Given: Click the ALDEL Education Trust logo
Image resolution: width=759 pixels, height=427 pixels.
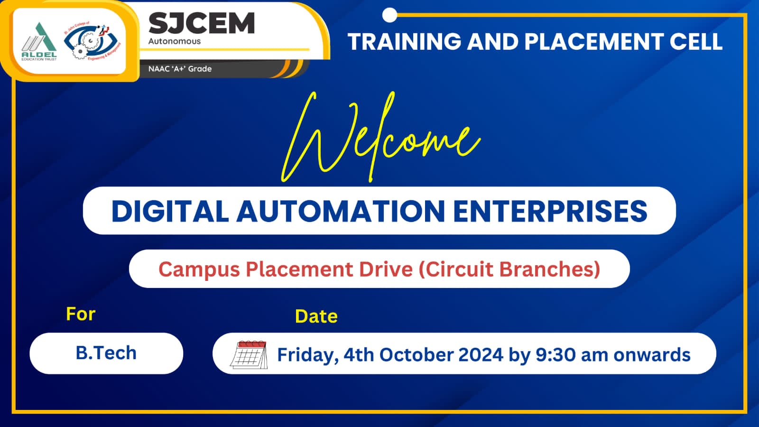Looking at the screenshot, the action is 39,41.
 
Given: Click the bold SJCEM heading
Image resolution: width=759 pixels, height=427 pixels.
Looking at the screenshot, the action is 202,23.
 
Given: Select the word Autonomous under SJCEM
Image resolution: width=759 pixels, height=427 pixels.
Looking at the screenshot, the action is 175,41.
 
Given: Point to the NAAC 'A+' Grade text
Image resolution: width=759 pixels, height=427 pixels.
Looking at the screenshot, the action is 180,69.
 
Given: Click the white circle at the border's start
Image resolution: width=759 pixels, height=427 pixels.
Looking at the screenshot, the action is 389,15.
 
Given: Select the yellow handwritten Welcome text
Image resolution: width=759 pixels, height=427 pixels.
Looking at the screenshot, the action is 381,137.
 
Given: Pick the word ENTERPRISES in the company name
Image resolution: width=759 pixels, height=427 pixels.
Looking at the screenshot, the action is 550,211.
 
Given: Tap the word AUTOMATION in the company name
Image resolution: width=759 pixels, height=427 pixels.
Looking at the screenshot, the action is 341,211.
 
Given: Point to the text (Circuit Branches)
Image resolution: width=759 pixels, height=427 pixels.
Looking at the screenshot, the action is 509,269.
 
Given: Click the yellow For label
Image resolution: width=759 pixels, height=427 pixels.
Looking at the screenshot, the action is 81,314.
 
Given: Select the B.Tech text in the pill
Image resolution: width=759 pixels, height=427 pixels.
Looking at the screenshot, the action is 106,353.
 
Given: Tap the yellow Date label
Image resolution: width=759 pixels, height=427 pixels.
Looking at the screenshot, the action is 316,316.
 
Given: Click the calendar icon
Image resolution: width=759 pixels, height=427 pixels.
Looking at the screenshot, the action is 249,354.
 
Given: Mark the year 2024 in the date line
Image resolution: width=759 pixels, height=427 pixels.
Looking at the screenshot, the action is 481,355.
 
